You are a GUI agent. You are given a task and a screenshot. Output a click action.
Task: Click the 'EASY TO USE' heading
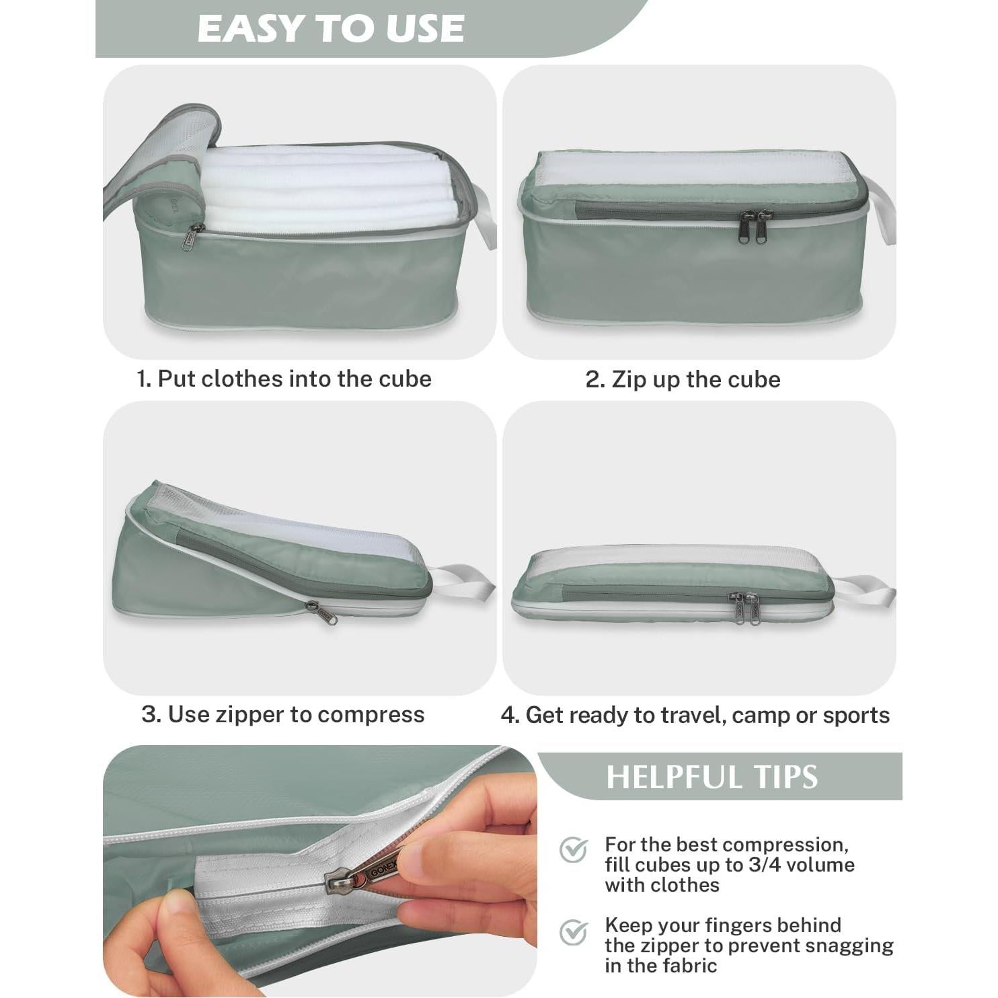(x=330, y=29)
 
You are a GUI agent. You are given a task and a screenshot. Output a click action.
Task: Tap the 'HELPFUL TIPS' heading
(x=712, y=777)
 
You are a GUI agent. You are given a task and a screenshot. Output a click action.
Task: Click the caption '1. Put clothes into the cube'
(x=284, y=379)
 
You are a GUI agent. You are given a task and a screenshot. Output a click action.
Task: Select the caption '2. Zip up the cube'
(x=683, y=379)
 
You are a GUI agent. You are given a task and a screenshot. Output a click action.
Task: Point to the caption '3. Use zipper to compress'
(x=283, y=714)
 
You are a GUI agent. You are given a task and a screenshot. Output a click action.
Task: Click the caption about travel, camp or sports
(x=695, y=715)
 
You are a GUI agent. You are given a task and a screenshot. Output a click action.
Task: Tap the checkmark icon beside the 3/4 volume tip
(x=574, y=850)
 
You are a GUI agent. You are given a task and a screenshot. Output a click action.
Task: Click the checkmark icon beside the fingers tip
(x=574, y=932)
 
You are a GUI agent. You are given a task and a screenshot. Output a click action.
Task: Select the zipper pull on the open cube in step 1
(x=191, y=237)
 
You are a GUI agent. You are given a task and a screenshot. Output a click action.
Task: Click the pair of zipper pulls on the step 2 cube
(x=753, y=226)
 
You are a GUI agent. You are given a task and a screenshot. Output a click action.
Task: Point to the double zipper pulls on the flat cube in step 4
(x=746, y=607)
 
